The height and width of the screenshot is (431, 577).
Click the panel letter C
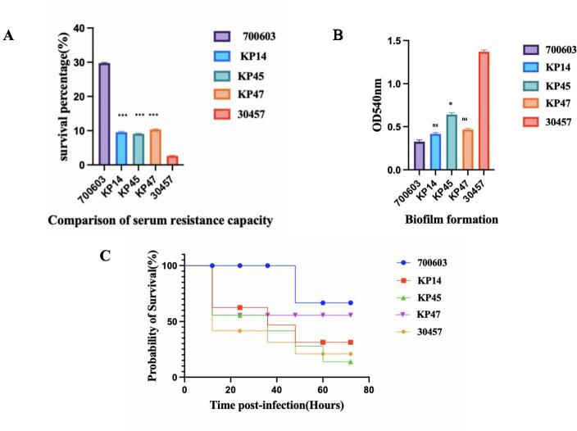coord(127,255)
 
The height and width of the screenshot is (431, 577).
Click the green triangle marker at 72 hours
coord(350,361)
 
